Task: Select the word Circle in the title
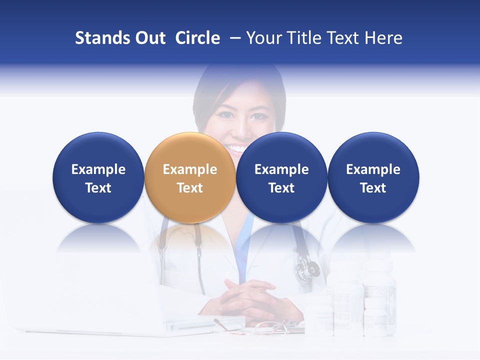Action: pyautogui.click(x=197, y=38)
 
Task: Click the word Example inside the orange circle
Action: pyautogui.click(x=190, y=169)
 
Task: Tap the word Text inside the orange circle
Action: pyautogui.click(x=190, y=188)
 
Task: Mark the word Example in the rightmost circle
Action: pyautogui.click(x=373, y=169)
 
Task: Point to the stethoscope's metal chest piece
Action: pyautogui.click(x=306, y=270)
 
